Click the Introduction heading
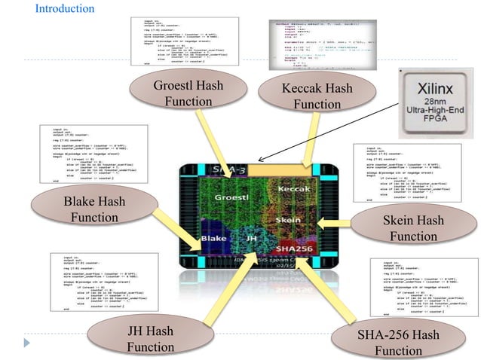pyautogui.click(x=65, y=9)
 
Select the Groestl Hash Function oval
pyautogui.click(x=188, y=93)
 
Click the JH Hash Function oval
pyautogui.click(x=150, y=339)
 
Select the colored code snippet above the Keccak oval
pyautogui.click(x=314, y=44)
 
